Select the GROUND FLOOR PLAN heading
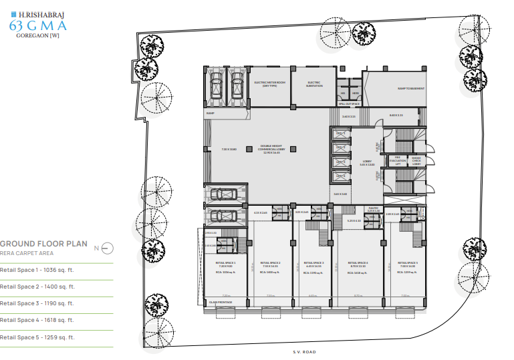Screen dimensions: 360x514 [44, 244]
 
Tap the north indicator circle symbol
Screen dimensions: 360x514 [108, 248]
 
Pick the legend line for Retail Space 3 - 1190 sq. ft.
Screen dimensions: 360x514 [37, 303]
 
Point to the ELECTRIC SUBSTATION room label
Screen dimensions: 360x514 [314, 84]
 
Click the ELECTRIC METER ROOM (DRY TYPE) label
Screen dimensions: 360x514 [270, 84]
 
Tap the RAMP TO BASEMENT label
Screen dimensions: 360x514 [411, 88]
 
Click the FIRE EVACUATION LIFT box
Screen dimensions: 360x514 [397, 160]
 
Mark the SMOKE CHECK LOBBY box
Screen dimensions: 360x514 [416, 160]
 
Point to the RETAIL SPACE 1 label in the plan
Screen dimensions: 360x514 [225, 264]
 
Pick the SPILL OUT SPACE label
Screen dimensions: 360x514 [349, 104]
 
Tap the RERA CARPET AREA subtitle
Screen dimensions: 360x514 [27, 254]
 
